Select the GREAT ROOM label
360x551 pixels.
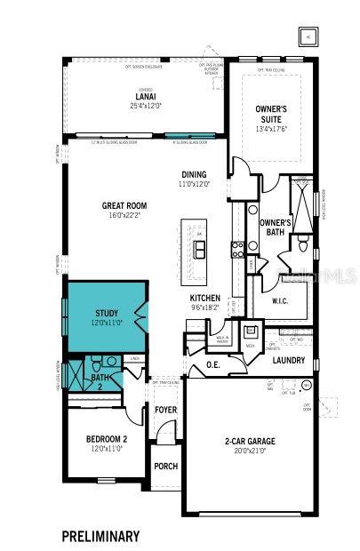(124, 205)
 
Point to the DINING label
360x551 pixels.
(194, 175)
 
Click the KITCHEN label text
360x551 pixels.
(206, 299)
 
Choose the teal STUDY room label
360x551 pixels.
(107, 314)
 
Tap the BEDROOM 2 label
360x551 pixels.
(107, 439)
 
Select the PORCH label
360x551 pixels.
(166, 467)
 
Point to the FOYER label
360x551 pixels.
(166, 410)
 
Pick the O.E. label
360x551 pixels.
(212, 364)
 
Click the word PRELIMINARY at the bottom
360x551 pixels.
(100, 536)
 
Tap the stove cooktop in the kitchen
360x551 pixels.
(237, 249)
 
